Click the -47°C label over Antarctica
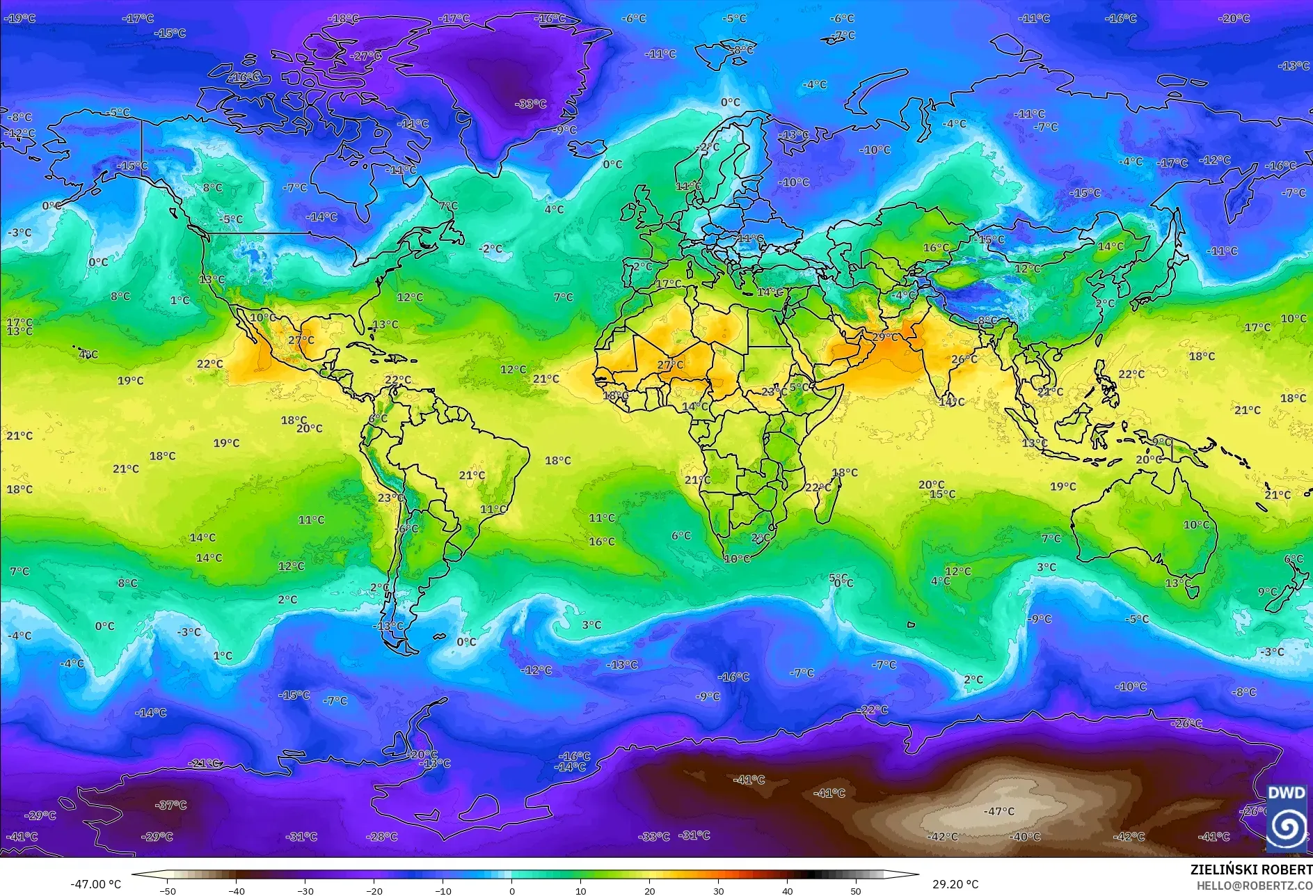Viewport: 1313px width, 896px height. [x=999, y=811]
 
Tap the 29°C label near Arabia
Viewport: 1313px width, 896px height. [x=884, y=337]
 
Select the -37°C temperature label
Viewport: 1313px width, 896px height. [x=170, y=805]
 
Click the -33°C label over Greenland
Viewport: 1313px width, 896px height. [x=530, y=104]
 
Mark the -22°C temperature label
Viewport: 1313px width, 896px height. [x=873, y=709]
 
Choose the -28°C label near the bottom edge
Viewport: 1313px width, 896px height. [x=381, y=836]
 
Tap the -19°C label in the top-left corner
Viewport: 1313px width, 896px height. [x=19, y=18]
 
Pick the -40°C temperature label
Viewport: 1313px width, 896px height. [x=1024, y=836]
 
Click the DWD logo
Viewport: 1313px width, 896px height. [x=1286, y=817]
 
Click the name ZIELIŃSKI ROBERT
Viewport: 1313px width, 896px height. [x=1250, y=870]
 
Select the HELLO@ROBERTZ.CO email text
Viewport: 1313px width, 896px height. [x=1254, y=886]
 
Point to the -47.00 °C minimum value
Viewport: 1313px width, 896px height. [x=95, y=884]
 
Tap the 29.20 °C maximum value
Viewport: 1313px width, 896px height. [x=955, y=884]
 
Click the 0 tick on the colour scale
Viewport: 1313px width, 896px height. [x=512, y=890]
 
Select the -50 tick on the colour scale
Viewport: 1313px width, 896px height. [x=168, y=890]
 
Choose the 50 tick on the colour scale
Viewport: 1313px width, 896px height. [x=855, y=890]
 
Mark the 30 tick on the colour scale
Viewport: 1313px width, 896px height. [x=718, y=890]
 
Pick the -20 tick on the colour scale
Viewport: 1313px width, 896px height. [x=374, y=890]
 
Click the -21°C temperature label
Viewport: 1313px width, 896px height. [x=205, y=763]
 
